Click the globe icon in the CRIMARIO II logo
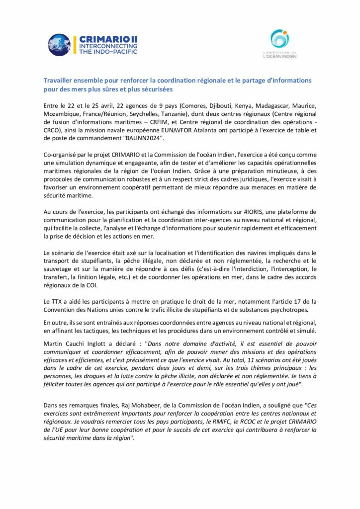59,45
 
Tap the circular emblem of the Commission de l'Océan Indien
279,39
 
